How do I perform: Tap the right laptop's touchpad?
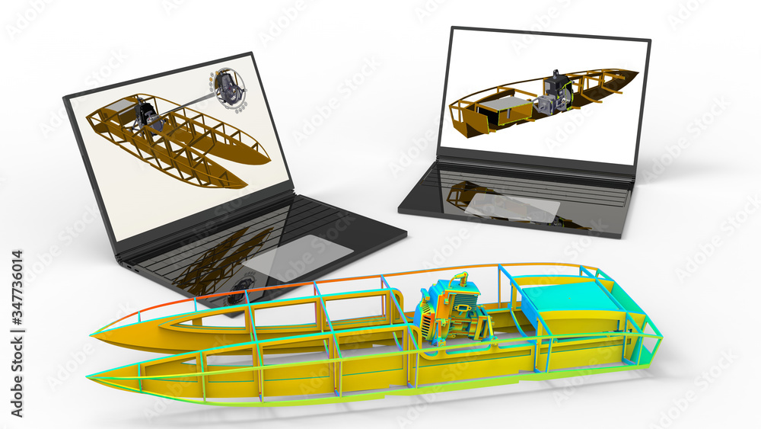click(x=514, y=207)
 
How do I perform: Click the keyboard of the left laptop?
click(x=228, y=244)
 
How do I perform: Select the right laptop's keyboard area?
click(x=525, y=183)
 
